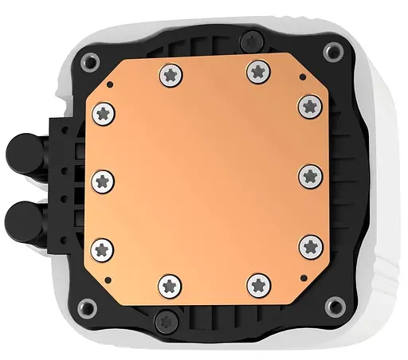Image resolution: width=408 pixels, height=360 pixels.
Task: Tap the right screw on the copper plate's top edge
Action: tap(257, 71)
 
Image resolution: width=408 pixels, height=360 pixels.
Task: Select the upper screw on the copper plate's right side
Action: tap(308, 104)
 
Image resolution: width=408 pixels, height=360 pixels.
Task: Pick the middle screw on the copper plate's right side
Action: tap(310, 175)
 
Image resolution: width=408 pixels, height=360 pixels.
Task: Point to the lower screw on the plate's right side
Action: tap(308, 246)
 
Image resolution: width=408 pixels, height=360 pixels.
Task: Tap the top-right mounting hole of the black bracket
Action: tap(332, 52)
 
